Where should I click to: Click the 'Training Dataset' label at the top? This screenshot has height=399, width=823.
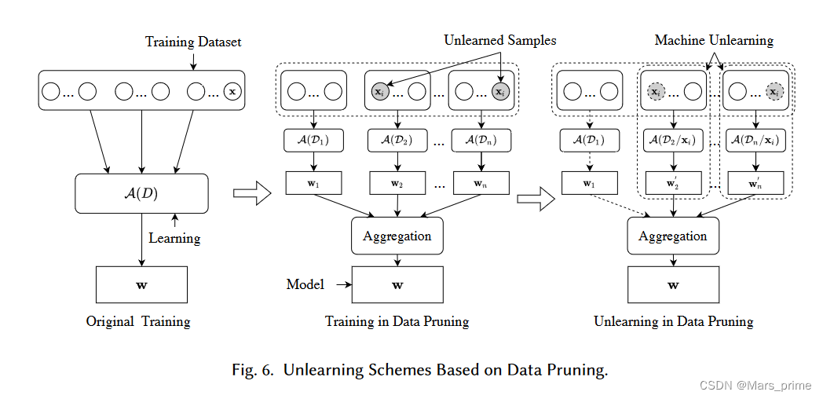pyautogui.click(x=193, y=42)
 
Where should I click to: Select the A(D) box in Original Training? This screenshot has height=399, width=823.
pyautogui.click(x=141, y=193)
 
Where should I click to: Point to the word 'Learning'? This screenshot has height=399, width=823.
pyautogui.click(x=174, y=238)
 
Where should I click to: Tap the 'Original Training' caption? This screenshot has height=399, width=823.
pyautogui.click(x=138, y=321)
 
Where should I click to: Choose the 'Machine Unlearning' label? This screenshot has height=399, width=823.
pyautogui.click(x=714, y=40)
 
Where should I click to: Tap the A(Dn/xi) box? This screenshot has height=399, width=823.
pyautogui.click(x=755, y=141)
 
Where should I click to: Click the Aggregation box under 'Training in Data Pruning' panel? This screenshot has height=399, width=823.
pyautogui.click(x=397, y=236)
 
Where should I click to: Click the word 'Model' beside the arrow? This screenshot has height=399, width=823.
pyautogui.click(x=305, y=284)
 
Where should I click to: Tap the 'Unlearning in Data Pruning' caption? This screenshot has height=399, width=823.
pyautogui.click(x=673, y=321)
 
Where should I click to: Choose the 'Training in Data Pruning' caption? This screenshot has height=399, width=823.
pyautogui.click(x=397, y=321)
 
